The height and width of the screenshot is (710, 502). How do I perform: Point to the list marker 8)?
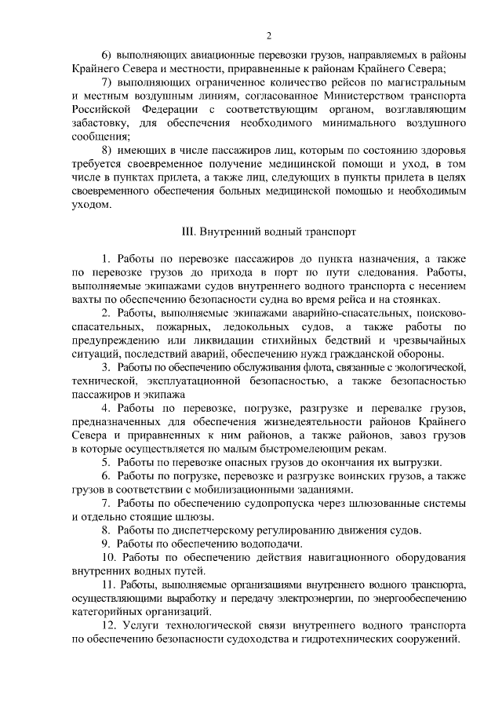click(109, 150)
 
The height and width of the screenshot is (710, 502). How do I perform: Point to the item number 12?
click(109, 626)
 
